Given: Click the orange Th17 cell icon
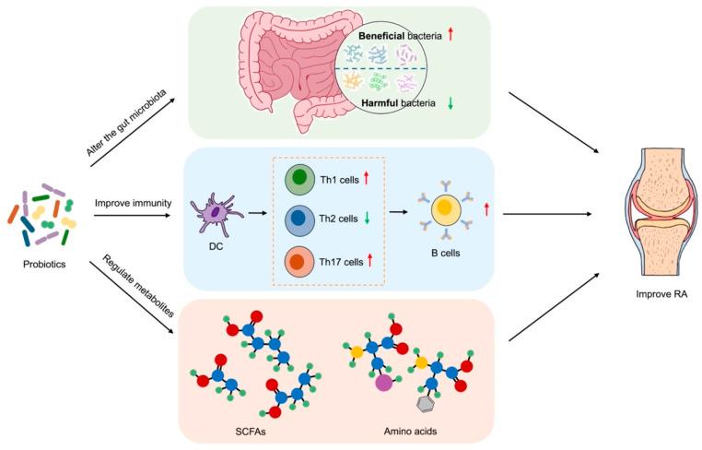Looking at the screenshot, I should pyautogui.click(x=299, y=262).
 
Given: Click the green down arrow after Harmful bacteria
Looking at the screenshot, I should pyautogui.click(x=450, y=103).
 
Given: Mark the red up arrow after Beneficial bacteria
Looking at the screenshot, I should pyautogui.click(x=450, y=34).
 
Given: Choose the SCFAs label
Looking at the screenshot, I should pyautogui.click(x=253, y=430).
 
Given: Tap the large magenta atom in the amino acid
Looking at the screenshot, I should pyautogui.click(x=383, y=381).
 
